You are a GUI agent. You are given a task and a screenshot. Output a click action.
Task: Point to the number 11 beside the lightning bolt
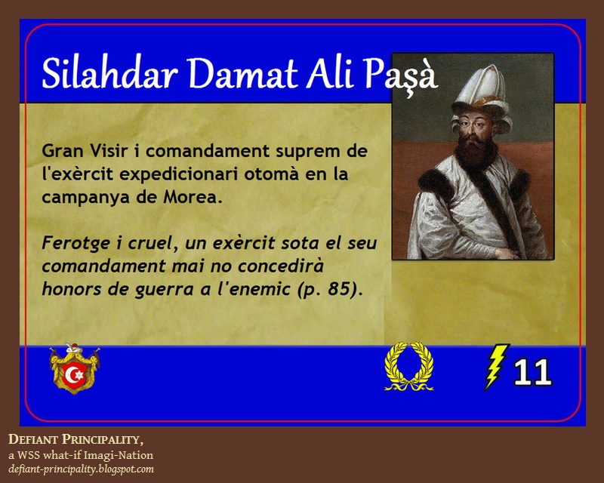point(532,372)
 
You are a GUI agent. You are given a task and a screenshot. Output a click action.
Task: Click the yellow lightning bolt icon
point(496,368)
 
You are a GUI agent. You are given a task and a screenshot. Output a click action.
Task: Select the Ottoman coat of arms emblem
point(75,368)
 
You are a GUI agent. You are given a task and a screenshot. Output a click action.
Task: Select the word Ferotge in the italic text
point(74,245)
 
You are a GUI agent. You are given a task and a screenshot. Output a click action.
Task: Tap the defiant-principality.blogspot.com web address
point(81,469)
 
